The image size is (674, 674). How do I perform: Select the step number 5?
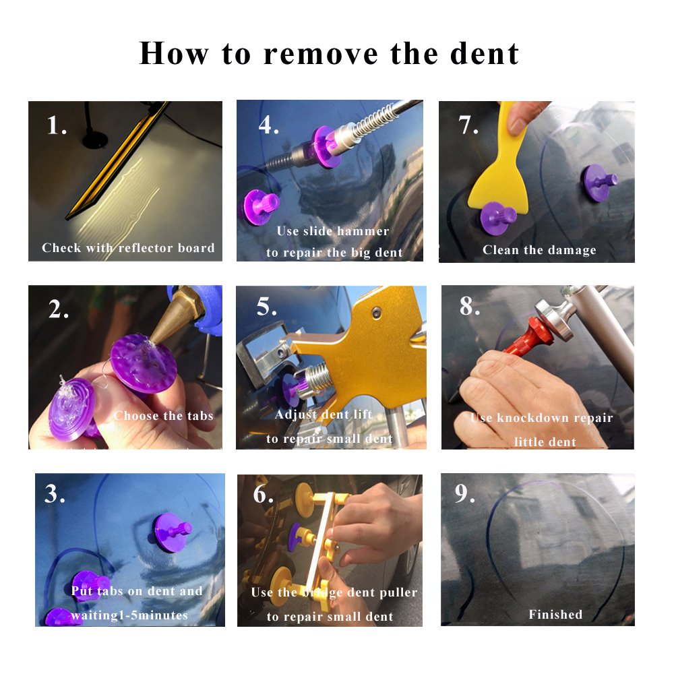point(267,307)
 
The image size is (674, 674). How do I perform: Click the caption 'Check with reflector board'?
point(128,248)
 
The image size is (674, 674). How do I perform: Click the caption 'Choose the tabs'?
point(163,415)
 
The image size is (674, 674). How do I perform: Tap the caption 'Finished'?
point(555,614)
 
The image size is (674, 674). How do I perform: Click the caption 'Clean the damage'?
point(539,250)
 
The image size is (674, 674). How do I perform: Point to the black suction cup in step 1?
point(94,140)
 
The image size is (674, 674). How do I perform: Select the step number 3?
point(55,494)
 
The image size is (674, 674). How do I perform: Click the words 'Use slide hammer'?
point(333,231)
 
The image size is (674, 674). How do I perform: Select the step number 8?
point(470,307)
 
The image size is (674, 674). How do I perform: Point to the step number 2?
point(59,309)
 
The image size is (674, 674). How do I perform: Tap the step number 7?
point(468,125)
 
